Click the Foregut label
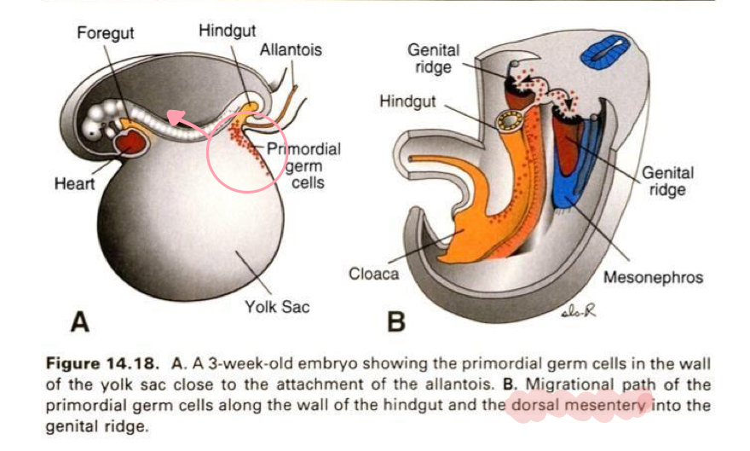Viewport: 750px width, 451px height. point(105,34)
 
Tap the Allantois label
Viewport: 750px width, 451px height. point(291,49)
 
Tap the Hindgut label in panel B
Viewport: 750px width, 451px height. point(407,101)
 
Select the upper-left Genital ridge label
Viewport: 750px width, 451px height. point(435,59)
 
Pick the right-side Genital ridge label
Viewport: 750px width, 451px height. point(667,181)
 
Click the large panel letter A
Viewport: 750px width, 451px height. point(80,322)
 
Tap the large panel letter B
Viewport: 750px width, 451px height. point(395,323)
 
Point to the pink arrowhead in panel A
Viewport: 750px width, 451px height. point(171,116)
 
